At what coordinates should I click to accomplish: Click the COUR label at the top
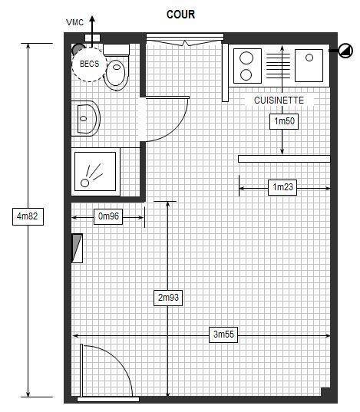coord(180,15)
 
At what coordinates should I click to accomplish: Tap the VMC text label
coord(75,22)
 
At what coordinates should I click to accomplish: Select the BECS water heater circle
coord(89,64)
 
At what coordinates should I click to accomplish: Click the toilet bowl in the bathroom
coord(117,75)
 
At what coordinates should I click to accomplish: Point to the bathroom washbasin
coord(86,118)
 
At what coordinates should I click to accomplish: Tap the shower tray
coord(95,171)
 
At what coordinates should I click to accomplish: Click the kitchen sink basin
coord(309,65)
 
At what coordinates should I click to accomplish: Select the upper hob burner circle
coord(246,58)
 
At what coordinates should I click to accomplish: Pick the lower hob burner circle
coord(246,75)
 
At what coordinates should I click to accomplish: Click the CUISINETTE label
coord(279,101)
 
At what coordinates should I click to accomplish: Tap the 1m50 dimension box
coord(284,121)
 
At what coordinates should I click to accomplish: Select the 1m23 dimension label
coord(282,187)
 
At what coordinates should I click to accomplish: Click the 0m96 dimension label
coord(108,216)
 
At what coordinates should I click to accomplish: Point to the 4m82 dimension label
coord(28,216)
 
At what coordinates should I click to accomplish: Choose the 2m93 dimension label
coord(168,298)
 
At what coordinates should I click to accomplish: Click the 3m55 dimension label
coord(223,335)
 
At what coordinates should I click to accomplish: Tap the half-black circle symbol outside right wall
coord(345,51)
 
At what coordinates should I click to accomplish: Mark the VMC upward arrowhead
coord(92,19)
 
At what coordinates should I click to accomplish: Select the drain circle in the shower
coord(84,183)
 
